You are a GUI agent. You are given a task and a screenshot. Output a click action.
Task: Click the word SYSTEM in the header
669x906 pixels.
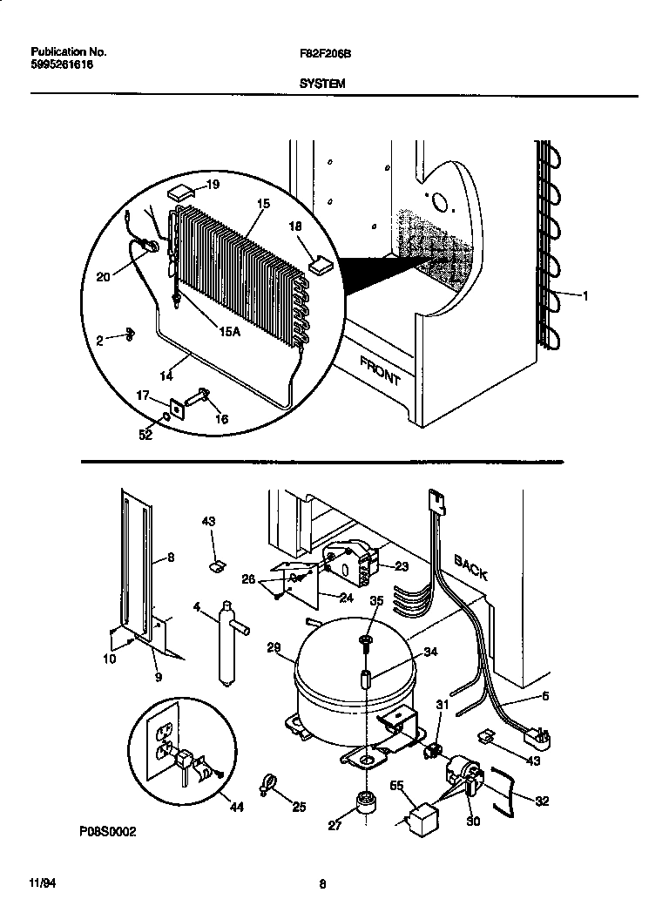322,84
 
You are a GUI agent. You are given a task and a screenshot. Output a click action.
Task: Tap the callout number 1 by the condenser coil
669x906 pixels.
585,296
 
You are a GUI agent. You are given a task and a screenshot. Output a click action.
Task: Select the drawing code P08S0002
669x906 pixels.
107,832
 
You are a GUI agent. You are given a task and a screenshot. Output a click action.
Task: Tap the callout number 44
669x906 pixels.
233,807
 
